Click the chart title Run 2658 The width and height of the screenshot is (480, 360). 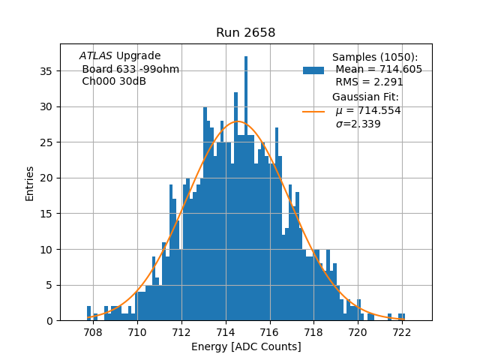coord(245,33)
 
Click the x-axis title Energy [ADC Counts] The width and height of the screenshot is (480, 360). coord(246,346)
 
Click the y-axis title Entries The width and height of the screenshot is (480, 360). coord(30,182)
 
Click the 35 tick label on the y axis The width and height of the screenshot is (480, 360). coord(46,71)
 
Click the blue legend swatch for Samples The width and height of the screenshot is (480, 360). coord(313,70)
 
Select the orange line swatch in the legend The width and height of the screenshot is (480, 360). coord(313,111)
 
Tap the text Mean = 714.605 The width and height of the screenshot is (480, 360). coord(378,70)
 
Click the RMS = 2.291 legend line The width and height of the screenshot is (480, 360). coord(370,82)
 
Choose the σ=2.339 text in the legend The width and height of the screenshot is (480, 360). coord(358,124)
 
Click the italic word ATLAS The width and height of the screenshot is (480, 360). coord(95,56)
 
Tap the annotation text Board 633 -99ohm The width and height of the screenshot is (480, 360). coord(130,69)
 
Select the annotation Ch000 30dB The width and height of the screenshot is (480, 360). coord(113,81)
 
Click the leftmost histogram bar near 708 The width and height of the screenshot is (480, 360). coord(88,313)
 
